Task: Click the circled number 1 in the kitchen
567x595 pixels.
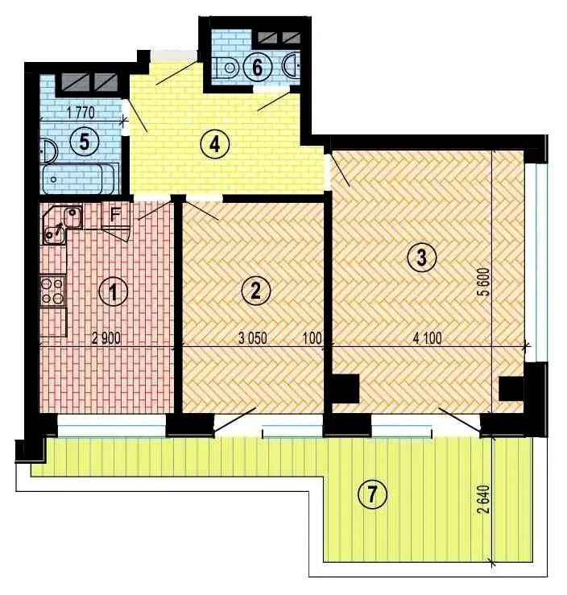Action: tap(113, 292)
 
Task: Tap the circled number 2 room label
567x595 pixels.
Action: tap(256, 291)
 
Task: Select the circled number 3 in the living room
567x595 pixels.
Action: tap(422, 258)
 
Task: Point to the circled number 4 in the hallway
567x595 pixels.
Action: tap(215, 145)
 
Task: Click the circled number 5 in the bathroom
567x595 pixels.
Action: tap(85, 142)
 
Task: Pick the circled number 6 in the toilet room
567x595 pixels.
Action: tap(257, 68)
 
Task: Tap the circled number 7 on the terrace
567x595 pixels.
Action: tap(372, 494)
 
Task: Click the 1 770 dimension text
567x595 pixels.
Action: tap(80, 113)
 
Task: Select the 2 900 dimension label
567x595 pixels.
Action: tap(106, 337)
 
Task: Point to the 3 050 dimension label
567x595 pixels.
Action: tap(252, 337)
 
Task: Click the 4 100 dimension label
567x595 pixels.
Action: tap(428, 337)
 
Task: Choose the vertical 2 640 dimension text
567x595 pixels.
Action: tap(484, 499)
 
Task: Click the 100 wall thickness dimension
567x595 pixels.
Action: tap(312, 337)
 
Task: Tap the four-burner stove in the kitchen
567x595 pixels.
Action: tap(52, 291)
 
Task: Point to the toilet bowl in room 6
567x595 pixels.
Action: tap(226, 68)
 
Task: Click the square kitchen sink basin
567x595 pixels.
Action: tap(72, 217)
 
